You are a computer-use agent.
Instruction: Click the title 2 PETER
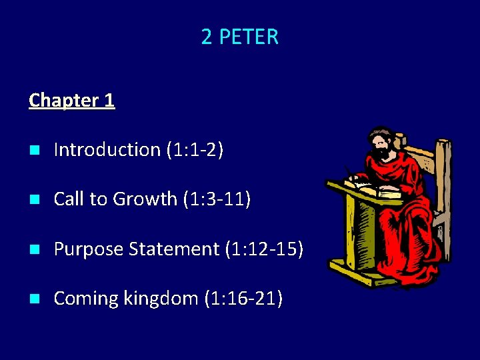[239, 37]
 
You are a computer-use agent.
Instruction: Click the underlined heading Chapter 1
[72, 100]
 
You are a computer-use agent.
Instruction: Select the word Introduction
[107, 149]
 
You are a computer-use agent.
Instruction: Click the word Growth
[145, 199]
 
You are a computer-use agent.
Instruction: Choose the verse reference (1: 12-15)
[264, 249]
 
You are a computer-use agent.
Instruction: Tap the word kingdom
[159, 298]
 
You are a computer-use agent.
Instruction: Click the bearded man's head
[381, 144]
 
